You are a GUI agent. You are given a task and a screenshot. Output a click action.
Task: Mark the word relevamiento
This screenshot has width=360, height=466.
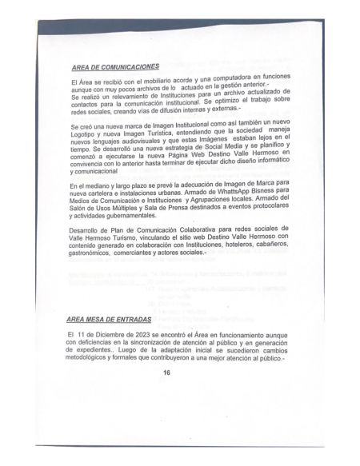tap(128, 102)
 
